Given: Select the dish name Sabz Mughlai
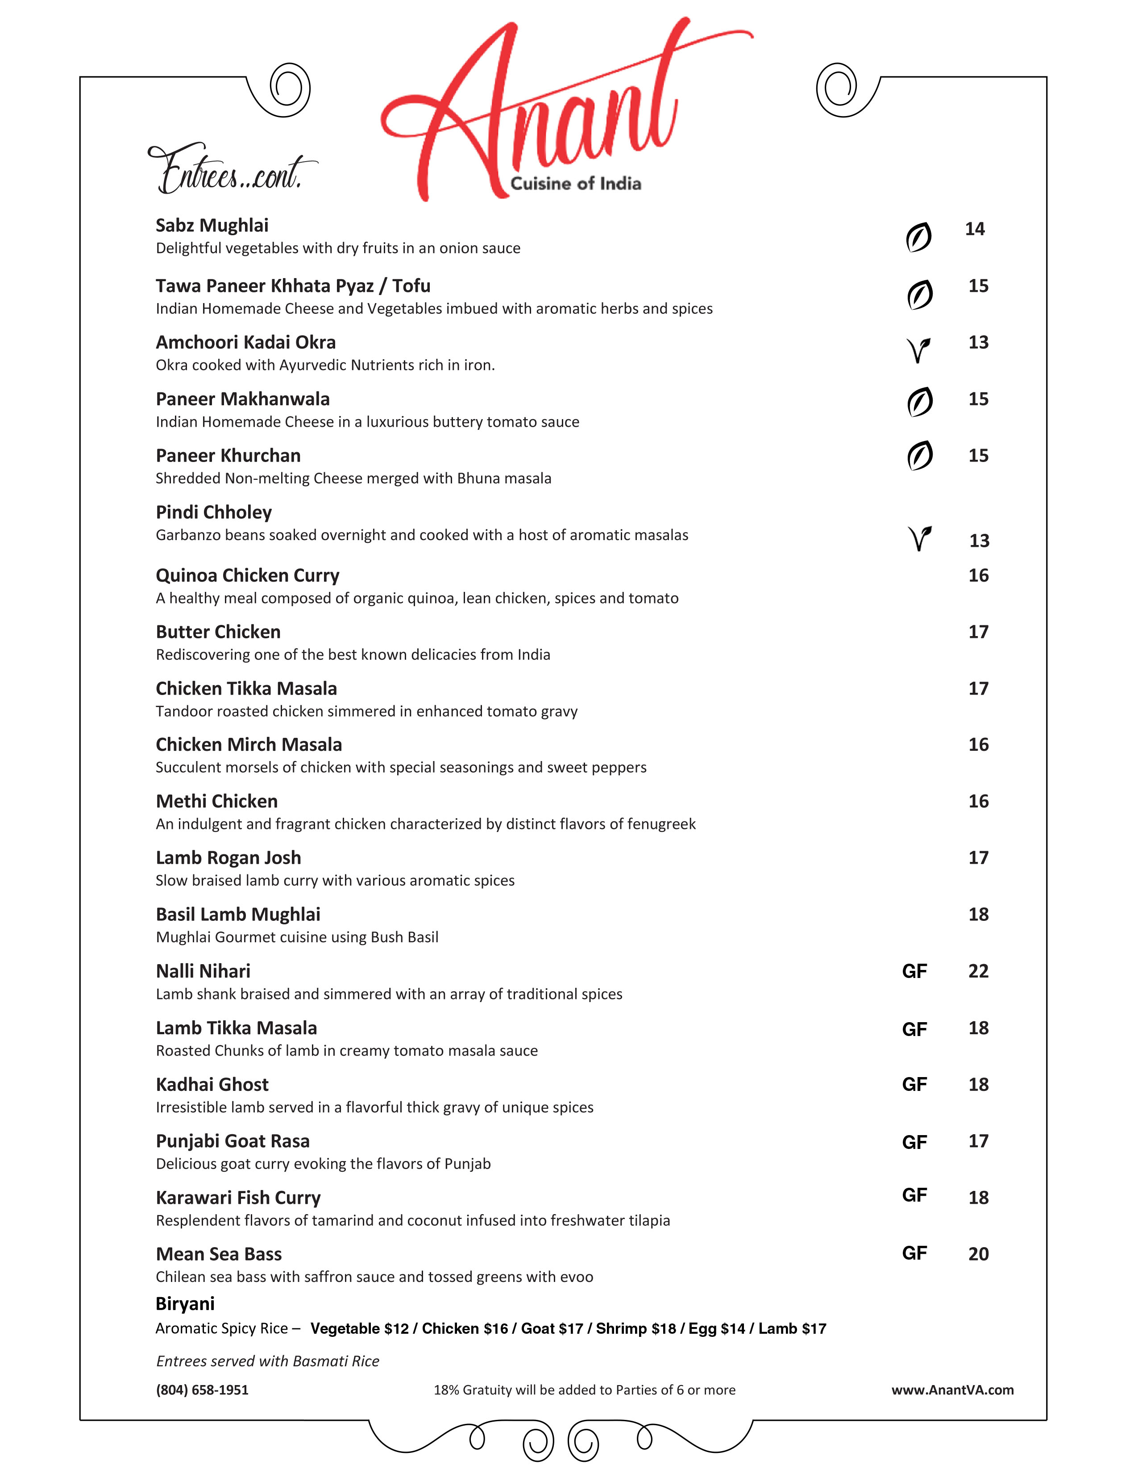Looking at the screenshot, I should click(212, 225).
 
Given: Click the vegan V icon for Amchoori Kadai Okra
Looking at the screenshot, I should click(918, 350).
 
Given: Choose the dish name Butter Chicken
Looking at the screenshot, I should click(218, 632).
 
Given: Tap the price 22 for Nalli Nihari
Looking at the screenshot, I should click(978, 971).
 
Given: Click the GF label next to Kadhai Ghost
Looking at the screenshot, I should click(914, 1085).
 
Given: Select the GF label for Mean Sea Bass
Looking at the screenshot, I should click(914, 1253).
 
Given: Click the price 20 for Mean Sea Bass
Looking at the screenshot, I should click(978, 1254).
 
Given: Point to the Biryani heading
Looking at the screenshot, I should click(185, 1304).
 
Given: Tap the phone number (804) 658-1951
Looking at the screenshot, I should click(202, 1390).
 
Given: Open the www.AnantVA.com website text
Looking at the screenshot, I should click(952, 1390).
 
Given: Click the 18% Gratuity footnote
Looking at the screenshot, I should click(584, 1390).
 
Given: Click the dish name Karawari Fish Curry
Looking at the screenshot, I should click(238, 1198).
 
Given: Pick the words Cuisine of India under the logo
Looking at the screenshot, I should click(575, 183).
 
